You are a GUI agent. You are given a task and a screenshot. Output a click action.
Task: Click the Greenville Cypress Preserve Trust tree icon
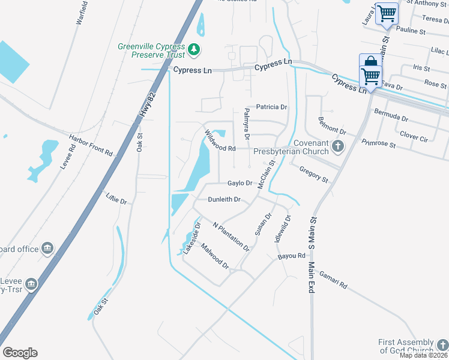[194, 49]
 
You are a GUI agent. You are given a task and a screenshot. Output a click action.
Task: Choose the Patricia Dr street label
[272, 107]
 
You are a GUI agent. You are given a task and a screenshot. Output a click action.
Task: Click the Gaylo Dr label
[239, 183]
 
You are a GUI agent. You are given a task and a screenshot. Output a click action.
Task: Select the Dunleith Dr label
[224, 199]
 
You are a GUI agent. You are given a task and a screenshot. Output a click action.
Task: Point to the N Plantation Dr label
[231, 236]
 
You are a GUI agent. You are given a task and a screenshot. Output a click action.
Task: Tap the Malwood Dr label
[215, 256]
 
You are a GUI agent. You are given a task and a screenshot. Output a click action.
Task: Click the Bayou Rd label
[292, 257]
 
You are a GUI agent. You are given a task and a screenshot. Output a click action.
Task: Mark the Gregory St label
[314, 175]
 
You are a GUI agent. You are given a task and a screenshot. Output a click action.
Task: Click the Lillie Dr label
[116, 199]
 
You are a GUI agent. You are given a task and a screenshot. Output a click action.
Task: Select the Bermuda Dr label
[391, 114]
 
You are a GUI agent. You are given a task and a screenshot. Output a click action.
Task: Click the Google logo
[20, 353]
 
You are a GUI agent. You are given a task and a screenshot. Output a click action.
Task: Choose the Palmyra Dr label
[247, 122]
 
